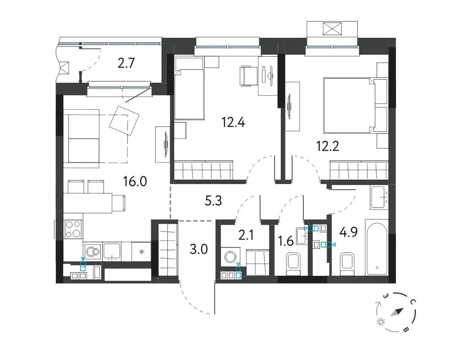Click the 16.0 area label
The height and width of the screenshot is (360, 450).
pos(135,181)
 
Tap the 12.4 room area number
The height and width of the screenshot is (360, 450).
pos(233,122)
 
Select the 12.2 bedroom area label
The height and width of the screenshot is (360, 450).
pos(328,146)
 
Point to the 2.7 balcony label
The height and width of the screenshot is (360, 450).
pos(126,63)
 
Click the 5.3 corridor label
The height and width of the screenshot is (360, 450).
pos(213,201)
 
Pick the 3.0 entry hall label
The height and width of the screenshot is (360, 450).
pos(198,249)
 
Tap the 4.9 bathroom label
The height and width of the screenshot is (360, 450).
pos(348,232)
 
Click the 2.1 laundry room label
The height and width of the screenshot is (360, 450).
pos(246,235)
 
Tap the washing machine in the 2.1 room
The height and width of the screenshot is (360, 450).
pos(229,257)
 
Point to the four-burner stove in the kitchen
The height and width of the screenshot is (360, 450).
pos(73,229)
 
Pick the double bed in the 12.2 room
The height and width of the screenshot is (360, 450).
pos(355,105)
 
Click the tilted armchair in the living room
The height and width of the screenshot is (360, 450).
pos(125,121)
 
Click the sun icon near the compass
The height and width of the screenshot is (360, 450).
pos(381,322)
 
